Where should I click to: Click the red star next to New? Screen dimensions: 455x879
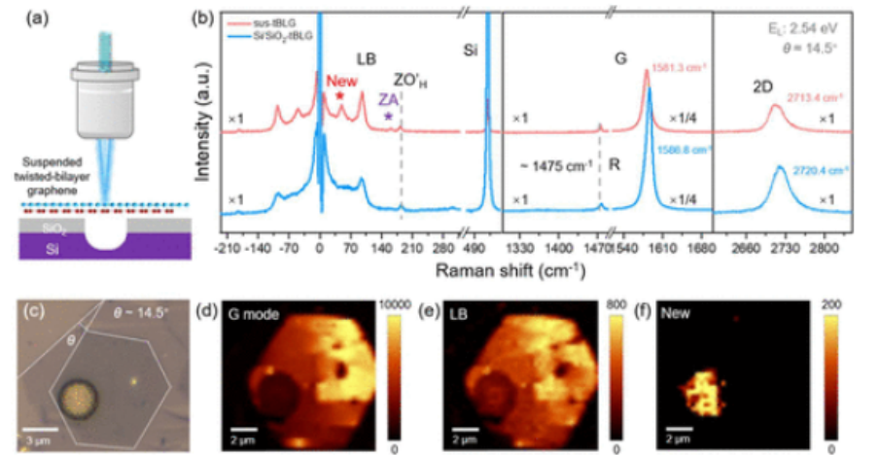pos(340,96)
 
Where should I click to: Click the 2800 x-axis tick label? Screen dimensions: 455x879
pos(823,249)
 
